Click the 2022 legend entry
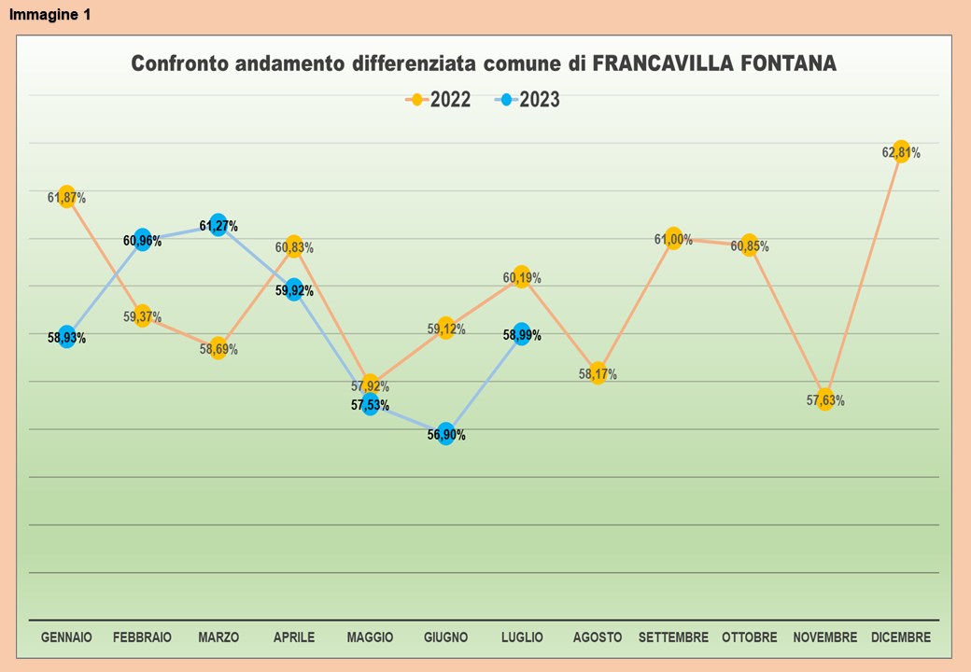[439, 100]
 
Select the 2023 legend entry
[528, 100]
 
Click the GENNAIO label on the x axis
[66, 637]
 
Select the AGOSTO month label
[598, 637]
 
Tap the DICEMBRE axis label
[901, 637]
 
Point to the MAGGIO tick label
[370, 637]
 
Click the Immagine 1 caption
[50, 15]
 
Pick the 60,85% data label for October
[750, 246]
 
